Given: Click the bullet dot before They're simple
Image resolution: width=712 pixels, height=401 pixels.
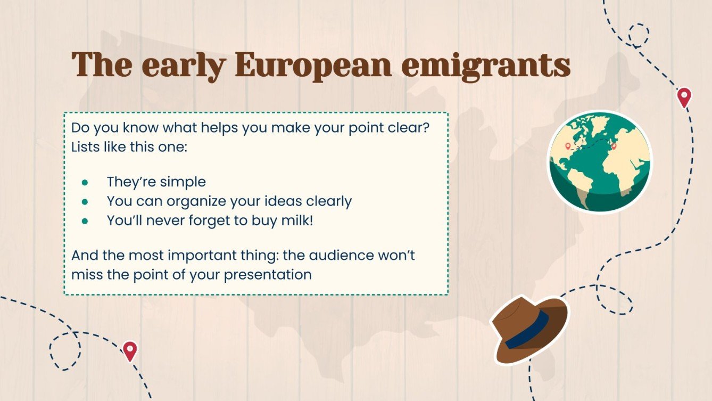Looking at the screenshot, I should click(x=85, y=183).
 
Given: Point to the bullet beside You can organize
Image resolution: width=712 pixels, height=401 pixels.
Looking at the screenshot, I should click(x=85, y=202).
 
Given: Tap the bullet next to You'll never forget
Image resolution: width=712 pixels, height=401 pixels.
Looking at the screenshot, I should click(x=85, y=221).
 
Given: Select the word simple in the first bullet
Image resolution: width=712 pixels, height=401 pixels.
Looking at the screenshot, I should click(x=185, y=182).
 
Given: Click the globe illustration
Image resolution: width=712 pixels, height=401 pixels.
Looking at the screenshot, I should click(x=600, y=162).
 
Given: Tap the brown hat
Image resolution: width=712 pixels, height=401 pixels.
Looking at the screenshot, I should click(x=530, y=329).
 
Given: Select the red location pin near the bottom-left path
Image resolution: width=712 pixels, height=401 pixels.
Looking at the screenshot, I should click(x=130, y=351).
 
